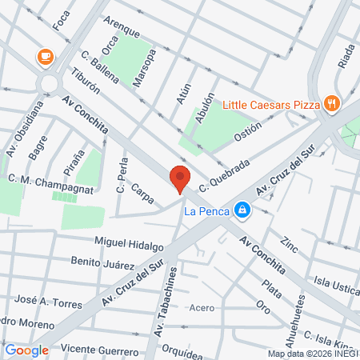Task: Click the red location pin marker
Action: click(180, 178)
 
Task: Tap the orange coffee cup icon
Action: click(45, 57)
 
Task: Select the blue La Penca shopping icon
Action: click(242, 211)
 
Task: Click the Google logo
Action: click(26, 350)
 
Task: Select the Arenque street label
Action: click(122, 30)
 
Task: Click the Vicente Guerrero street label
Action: click(99, 349)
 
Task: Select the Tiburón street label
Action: click(85, 81)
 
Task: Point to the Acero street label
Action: click(202, 307)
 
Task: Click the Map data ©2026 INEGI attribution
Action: click(312, 353)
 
